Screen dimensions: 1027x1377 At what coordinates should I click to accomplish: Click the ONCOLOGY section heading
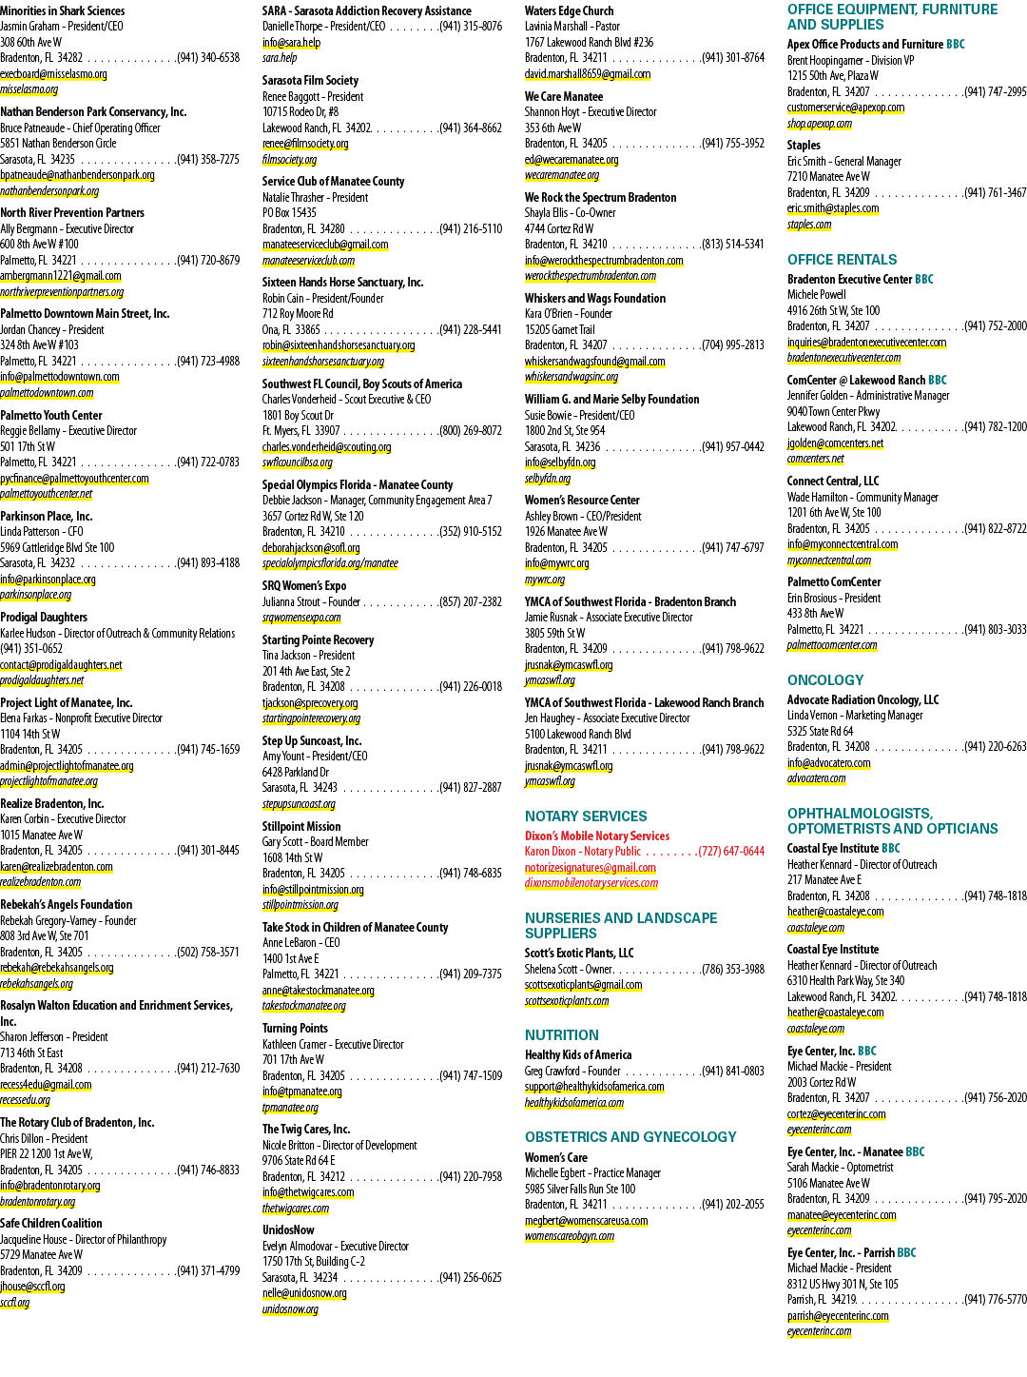pos(825,680)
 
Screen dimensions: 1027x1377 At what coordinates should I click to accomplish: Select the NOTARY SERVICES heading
pos(586,816)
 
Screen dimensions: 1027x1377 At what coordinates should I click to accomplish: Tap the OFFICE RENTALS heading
pos(843,260)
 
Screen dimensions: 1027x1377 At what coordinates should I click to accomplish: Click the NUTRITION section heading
pos(562,1035)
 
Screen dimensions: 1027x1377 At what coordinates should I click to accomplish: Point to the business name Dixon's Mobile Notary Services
pos(597,836)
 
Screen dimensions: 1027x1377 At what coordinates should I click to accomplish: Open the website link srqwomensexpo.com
pos(301,618)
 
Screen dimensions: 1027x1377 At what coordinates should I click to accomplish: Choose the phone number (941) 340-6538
pos(208,58)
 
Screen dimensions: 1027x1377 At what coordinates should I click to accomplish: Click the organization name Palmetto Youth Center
pos(51,415)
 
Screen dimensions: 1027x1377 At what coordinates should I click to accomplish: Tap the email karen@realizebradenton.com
pos(56,866)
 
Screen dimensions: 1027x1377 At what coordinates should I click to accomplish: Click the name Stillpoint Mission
pos(301,827)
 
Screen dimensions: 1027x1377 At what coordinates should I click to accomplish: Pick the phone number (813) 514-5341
pos(733,244)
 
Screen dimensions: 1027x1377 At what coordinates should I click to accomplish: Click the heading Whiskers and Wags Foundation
pos(595,299)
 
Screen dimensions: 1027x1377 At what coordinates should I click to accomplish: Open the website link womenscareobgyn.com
pos(570,1236)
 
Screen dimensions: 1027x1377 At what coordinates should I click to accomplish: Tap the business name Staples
pos(804,146)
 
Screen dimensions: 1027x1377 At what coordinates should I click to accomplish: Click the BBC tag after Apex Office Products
pos(956,45)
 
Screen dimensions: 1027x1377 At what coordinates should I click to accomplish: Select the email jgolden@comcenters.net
pos(835,443)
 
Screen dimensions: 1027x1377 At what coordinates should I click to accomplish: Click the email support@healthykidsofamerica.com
pos(594,1087)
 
